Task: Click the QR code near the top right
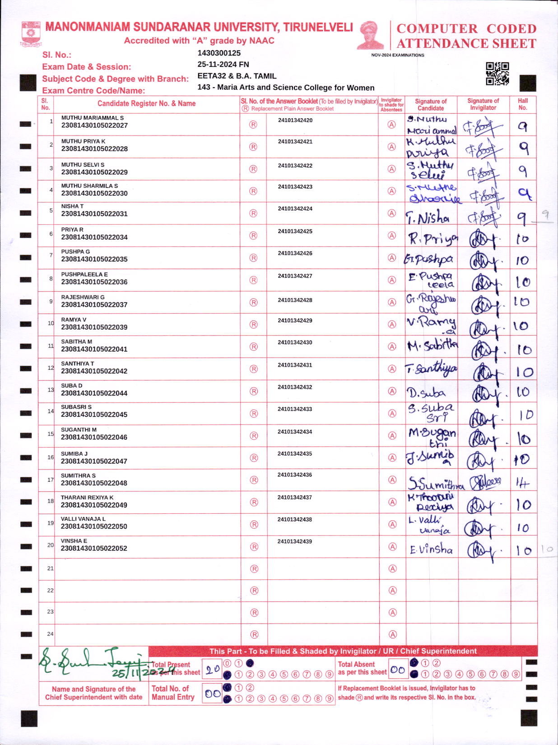click(497, 74)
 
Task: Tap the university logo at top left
click(31, 33)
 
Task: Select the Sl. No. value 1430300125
click(219, 53)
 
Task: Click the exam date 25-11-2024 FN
click(223, 64)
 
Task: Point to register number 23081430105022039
click(94, 327)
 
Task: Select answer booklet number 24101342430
click(295, 343)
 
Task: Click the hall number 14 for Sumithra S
click(522, 484)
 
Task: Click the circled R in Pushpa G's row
click(253, 258)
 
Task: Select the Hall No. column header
click(523, 104)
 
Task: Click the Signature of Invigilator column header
click(483, 104)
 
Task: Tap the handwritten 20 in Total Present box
click(213, 670)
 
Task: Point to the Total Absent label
click(356, 664)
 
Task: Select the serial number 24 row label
click(50, 634)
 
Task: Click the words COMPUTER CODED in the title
click(466, 28)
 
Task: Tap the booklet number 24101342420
click(295, 121)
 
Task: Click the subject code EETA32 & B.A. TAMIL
click(237, 76)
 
